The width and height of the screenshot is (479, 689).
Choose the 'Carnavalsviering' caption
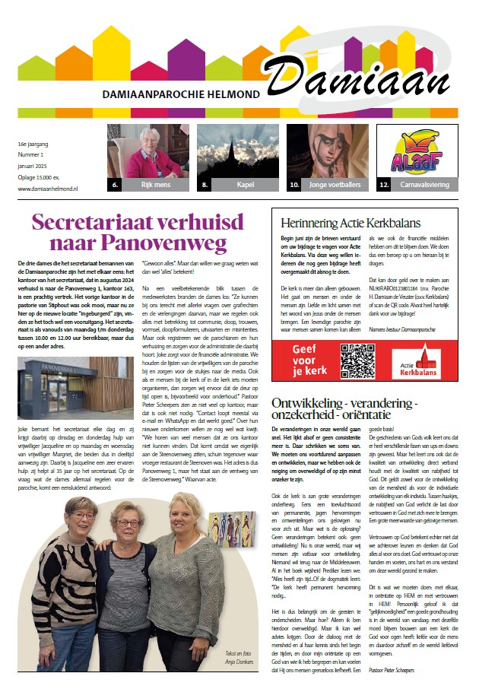click(425, 184)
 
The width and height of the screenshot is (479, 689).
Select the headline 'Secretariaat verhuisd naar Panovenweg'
click(137, 233)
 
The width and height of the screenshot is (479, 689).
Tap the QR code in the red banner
click(357, 361)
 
